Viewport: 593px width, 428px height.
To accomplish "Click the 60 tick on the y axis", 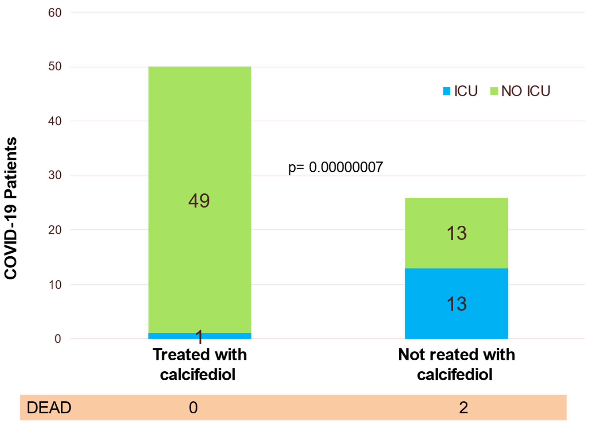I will coord(55,13).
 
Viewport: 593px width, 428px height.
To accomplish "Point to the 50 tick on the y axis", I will coord(55,66).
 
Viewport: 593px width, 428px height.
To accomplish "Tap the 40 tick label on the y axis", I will coord(55,121).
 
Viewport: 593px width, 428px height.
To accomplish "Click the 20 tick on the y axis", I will coord(55,230).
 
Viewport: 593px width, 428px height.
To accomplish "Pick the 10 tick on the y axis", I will coord(55,284).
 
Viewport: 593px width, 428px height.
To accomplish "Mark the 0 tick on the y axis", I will coord(58,339).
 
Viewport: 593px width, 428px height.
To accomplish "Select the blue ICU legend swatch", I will coord(447,91).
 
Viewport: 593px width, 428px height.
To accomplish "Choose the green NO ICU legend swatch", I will coord(494,91).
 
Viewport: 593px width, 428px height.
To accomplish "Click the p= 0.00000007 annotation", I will coord(335,167).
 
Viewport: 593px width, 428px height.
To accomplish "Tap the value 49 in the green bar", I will coord(199,201).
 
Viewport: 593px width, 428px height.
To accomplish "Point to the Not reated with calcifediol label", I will coord(456,365).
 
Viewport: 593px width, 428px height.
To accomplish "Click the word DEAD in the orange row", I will coord(49,408).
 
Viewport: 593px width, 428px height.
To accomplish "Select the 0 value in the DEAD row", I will coord(193,408).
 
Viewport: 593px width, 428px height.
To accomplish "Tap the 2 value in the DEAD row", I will coord(463,408).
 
